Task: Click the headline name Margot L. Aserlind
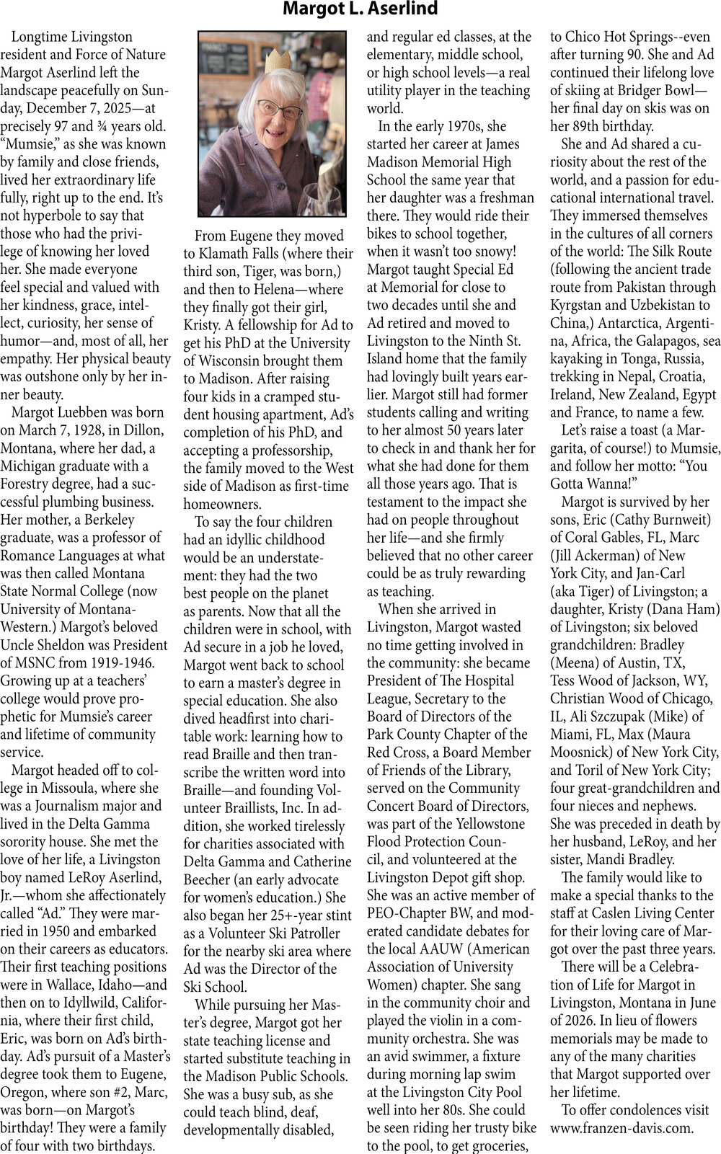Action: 360,9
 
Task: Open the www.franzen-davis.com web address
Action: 621,1128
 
